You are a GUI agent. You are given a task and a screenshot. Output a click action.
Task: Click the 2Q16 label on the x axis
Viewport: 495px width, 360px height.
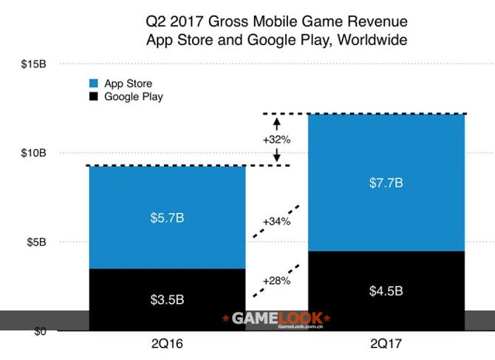(x=166, y=344)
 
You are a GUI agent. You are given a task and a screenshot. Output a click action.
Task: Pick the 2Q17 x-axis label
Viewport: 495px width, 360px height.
(x=388, y=344)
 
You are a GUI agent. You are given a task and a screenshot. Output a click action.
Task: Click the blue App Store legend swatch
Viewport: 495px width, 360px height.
(x=94, y=84)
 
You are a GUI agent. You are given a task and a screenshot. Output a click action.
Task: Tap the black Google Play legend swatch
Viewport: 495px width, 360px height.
(x=94, y=96)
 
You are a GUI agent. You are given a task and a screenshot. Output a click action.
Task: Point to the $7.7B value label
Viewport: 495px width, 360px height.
(x=386, y=183)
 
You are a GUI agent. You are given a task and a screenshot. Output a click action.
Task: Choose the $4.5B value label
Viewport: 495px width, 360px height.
(x=386, y=291)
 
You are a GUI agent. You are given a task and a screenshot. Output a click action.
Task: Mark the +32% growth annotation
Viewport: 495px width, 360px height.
(x=277, y=138)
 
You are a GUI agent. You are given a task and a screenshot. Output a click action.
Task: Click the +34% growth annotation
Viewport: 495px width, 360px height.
(x=276, y=221)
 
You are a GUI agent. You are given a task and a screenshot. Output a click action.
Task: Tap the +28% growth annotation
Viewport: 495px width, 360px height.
(x=276, y=281)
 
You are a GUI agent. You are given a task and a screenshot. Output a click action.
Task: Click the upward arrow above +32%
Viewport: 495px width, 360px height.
(x=276, y=123)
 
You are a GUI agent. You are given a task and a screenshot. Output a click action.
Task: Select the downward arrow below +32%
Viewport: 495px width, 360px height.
(x=276, y=154)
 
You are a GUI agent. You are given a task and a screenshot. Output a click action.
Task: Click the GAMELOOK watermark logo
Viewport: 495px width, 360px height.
(x=276, y=319)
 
